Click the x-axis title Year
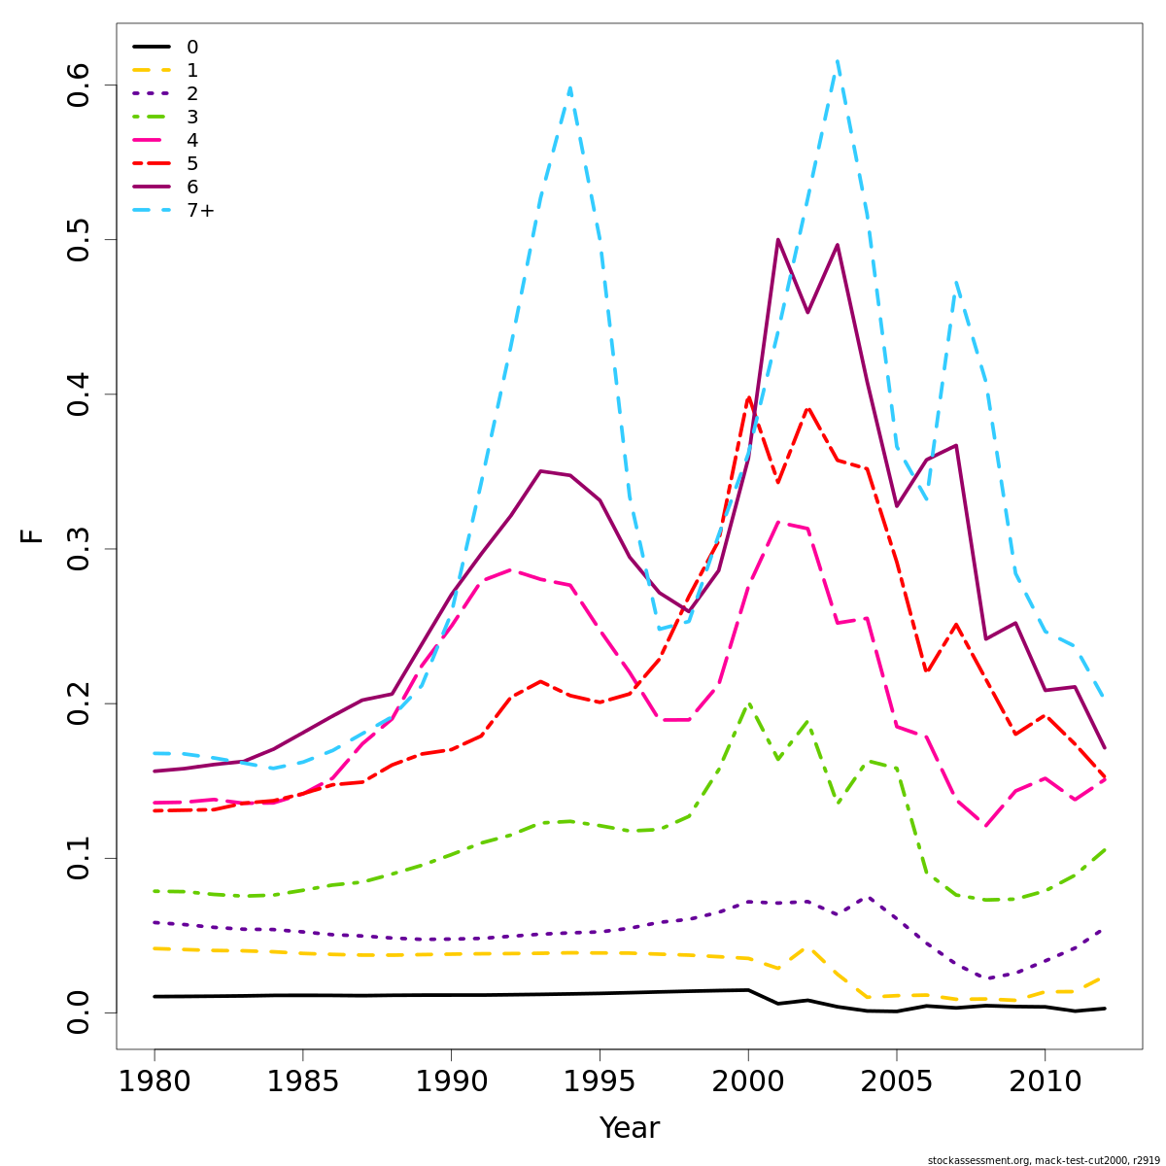tap(629, 1128)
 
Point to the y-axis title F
tap(32, 535)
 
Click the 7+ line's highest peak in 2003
tap(837, 61)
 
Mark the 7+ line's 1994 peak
tap(569, 88)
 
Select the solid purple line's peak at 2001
tap(778, 239)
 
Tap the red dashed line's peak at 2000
tap(748, 397)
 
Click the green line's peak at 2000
tap(748, 703)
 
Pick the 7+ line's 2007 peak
tap(956, 283)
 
